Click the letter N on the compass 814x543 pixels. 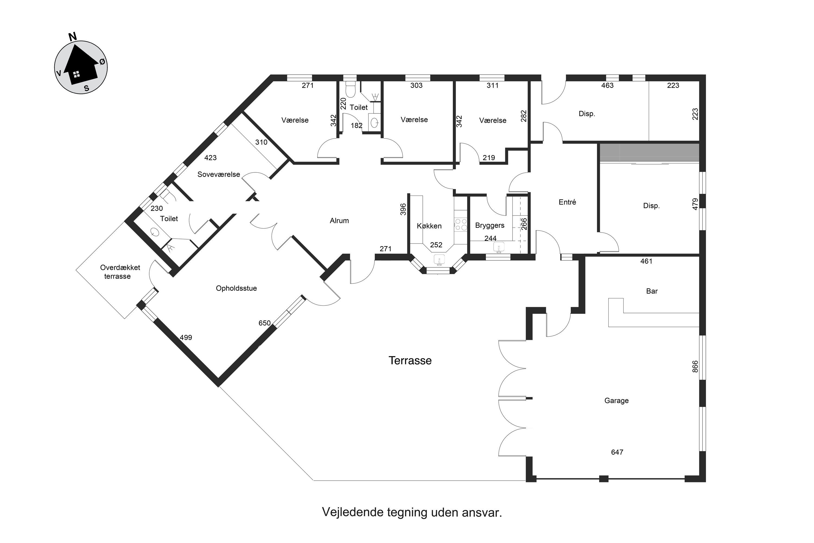pos(72,37)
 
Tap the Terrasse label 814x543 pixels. pos(410,361)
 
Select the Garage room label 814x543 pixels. pos(616,401)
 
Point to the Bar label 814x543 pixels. pos(652,291)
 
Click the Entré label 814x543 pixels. pos(567,202)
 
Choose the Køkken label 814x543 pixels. pos(429,226)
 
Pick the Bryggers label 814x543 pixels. pos(490,225)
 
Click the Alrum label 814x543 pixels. pos(339,220)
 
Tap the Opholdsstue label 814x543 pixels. pos(236,288)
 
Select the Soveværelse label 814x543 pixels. pos(219,175)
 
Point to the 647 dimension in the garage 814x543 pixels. pos(617,452)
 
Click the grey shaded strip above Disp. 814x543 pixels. pos(649,153)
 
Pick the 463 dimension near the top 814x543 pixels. pos(608,86)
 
